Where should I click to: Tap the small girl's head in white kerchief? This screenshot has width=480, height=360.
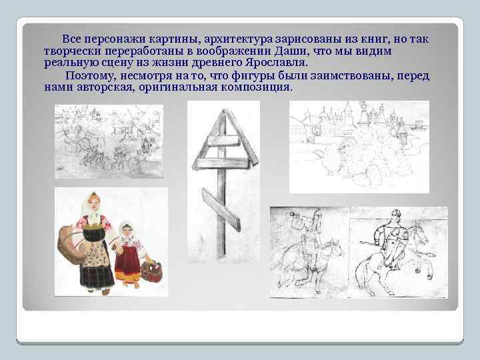point(126,233)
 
